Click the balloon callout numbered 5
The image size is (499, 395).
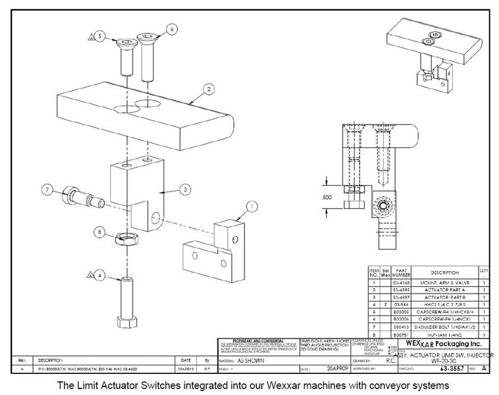(x=100, y=37)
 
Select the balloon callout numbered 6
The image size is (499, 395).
(x=171, y=30)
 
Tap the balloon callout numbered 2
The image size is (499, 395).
(x=208, y=88)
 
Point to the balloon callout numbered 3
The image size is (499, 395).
(x=187, y=190)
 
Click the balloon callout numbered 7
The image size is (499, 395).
(x=47, y=190)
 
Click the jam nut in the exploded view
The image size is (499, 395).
(x=124, y=238)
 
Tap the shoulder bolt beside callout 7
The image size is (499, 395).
(x=82, y=196)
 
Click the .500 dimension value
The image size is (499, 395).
(x=326, y=196)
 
